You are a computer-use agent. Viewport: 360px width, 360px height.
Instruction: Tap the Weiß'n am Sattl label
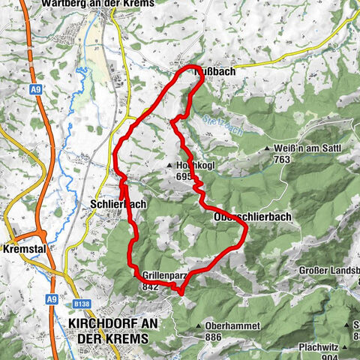[x=307, y=148]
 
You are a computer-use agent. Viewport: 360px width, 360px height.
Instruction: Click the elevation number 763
[x=304, y=159]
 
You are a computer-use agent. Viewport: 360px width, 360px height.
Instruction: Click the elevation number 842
[x=149, y=286]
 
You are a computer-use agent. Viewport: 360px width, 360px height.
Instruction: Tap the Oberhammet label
[x=232, y=326]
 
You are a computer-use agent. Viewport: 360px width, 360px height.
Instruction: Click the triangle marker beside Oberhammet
[x=199, y=326]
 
